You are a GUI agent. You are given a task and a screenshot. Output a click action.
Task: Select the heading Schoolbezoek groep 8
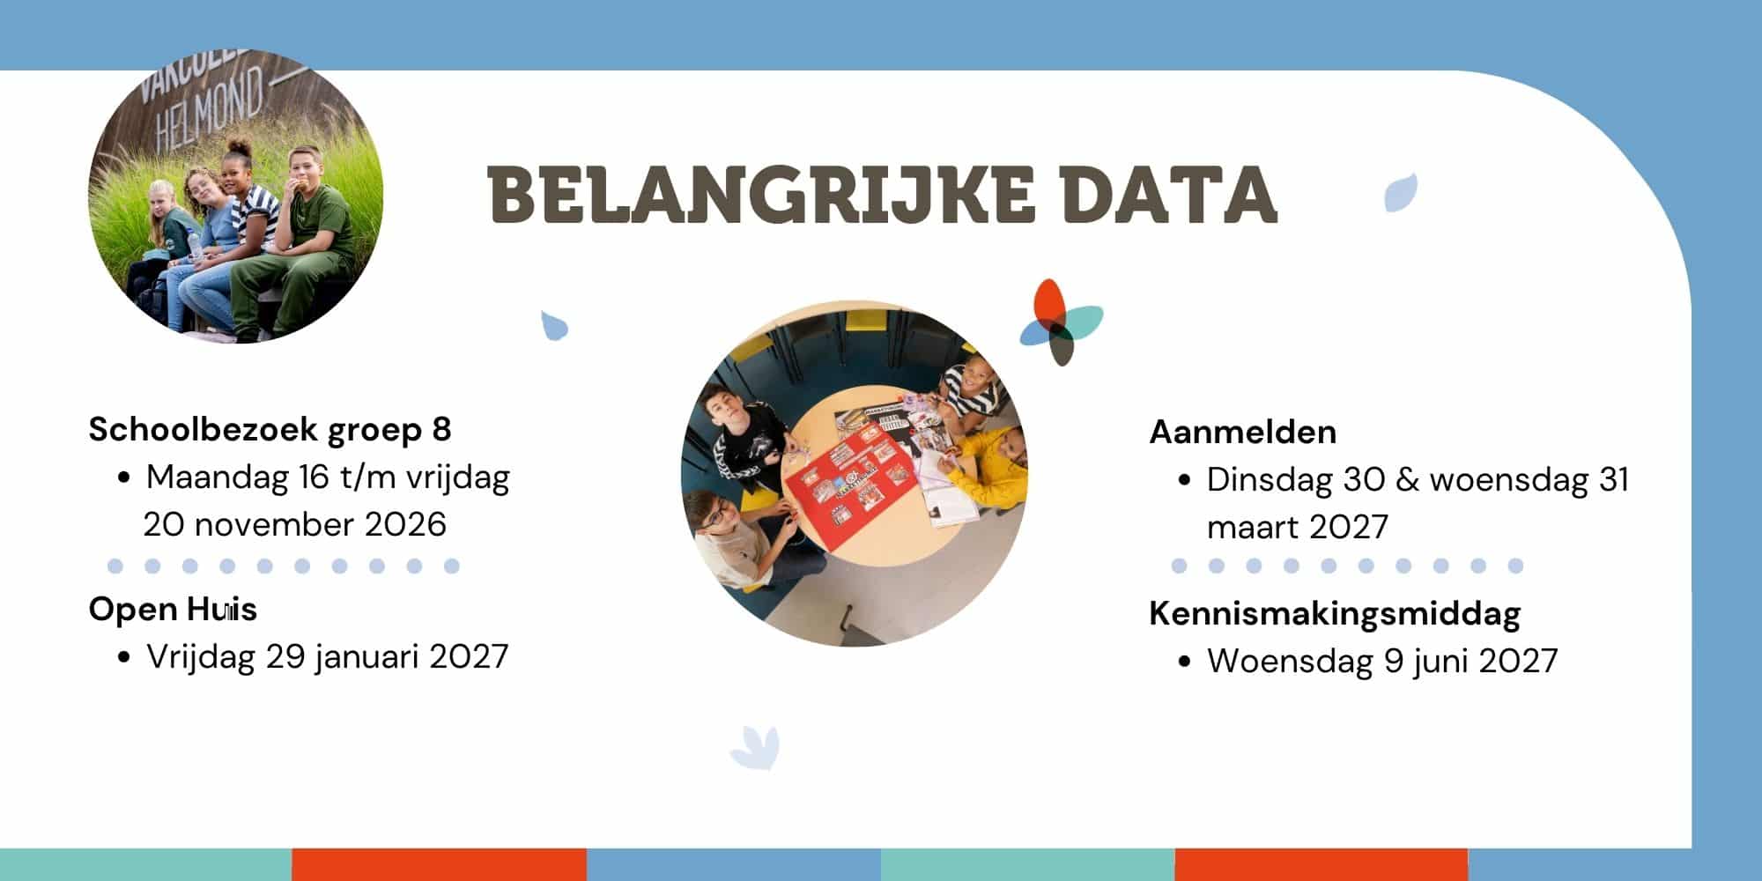coord(270,430)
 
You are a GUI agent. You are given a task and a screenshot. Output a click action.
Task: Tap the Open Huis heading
coord(173,609)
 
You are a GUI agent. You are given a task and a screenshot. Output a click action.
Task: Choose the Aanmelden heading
coord(1242,432)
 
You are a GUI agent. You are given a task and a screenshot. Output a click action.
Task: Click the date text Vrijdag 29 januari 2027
coord(327,657)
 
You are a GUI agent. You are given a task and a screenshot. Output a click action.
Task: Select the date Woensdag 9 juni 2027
coord(1382,662)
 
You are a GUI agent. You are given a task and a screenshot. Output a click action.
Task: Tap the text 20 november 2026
coord(295,525)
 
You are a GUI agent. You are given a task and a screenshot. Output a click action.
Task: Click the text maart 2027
coord(1297,528)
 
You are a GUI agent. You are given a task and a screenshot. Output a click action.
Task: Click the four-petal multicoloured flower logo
coord(1061,322)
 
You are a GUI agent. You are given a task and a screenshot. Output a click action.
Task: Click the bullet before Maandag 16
coord(124,479)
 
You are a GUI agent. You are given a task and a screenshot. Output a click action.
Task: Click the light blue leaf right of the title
coord(1401,193)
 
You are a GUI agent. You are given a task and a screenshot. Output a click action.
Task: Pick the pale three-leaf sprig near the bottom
coord(755,747)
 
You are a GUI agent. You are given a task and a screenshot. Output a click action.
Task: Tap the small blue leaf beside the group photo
coord(553,325)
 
